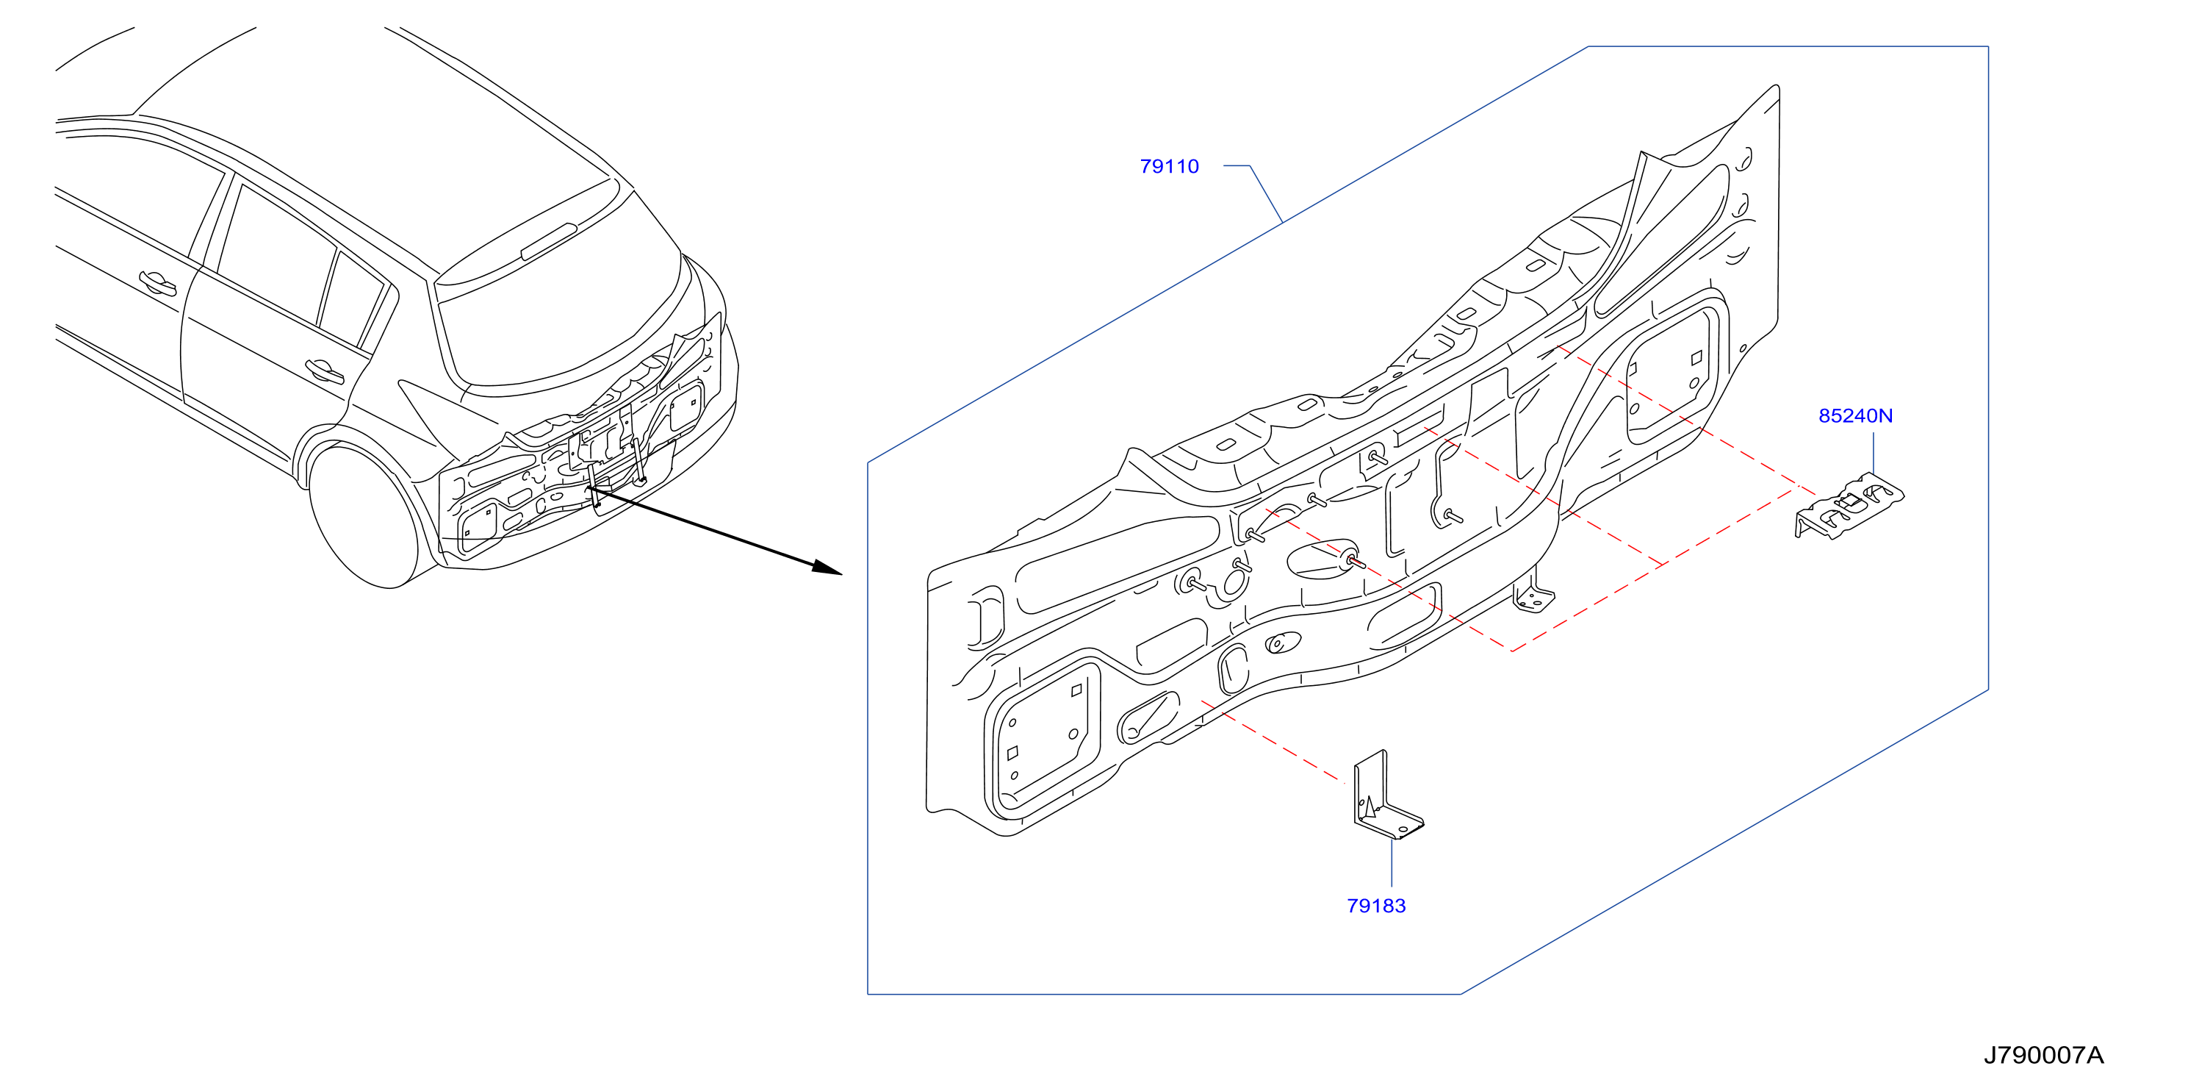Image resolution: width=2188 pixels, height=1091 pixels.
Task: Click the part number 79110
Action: coord(1169,167)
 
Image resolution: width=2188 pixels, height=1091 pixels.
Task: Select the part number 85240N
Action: coord(1855,415)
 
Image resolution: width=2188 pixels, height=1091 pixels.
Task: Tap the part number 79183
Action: coord(1376,906)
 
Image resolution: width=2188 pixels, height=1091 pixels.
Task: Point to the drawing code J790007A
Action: coord(2043,1055)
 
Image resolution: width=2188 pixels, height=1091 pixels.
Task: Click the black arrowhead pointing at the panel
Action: coord(827,568)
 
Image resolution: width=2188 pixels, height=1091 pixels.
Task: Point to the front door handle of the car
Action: coord(158,283)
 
